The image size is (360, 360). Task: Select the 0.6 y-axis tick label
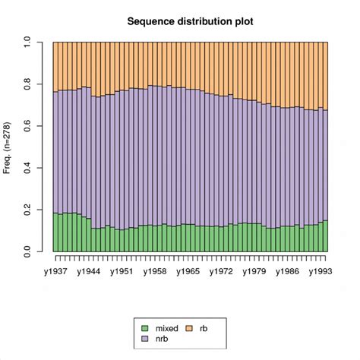[27, 125]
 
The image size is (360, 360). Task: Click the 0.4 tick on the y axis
[27, 167]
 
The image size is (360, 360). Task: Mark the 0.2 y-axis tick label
[27, 209]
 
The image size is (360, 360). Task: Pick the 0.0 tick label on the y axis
[27, 251]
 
